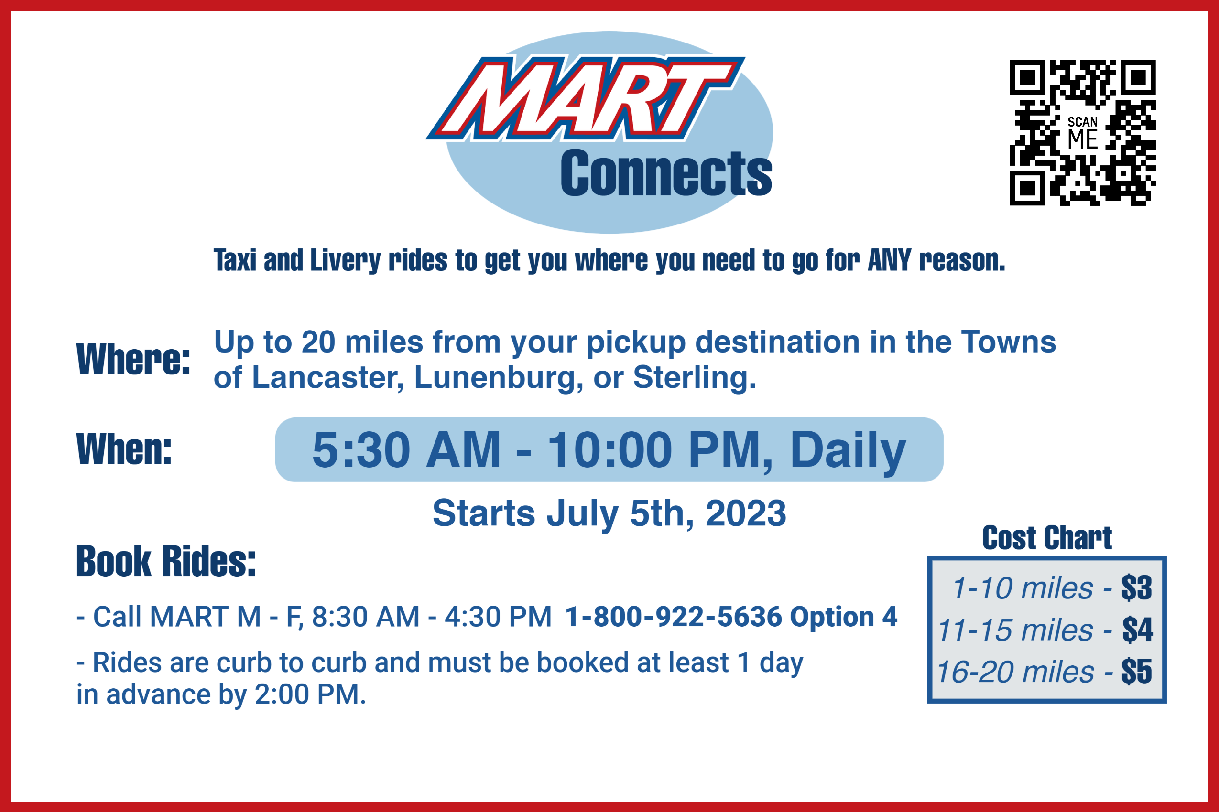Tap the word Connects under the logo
(666, 173)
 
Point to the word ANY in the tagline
(889, 260)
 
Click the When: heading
(124, 449)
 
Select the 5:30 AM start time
(407, 449)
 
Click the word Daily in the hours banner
(848, 450)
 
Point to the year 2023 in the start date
(746, 513)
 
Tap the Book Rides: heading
(166, 561)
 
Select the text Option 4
(843, 617)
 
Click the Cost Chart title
(1047, 538)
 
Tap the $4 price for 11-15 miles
(1138, 630)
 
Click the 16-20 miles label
(1015, 672)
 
